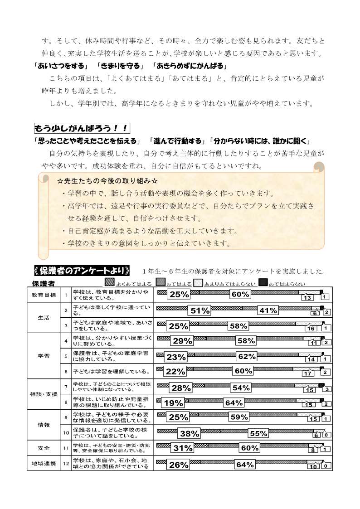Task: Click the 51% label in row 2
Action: coord(200,310)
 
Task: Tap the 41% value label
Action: coord(268,310)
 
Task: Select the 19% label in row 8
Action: coord(173,403)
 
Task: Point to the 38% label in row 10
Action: coord(190,434)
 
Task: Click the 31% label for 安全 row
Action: coord(183,449)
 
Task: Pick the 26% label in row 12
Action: coord(178,465)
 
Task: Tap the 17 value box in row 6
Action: coord(308,373)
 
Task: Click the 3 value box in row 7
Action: coord(327,389)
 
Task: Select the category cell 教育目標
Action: coord(44,295)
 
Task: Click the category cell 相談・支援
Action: coord(44,394)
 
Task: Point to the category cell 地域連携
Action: coord(44,464)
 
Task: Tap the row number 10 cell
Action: coord(66,432)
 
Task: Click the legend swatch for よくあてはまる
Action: coord(109,283)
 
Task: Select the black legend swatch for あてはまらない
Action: coord(263,283)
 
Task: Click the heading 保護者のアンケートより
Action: coord(82,271)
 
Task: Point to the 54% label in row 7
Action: coord(241,388)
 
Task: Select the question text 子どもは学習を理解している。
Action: coord(112,372)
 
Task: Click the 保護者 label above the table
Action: coord(44,284)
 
